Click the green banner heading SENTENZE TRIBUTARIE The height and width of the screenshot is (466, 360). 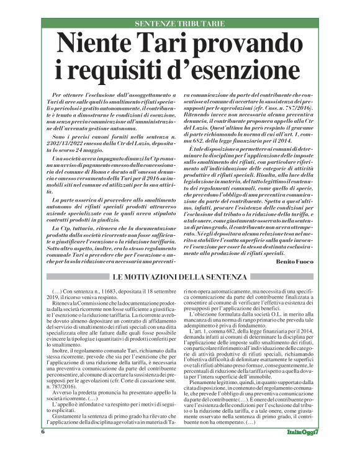click(179, 23)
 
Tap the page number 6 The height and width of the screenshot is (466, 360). click(43, 449)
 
